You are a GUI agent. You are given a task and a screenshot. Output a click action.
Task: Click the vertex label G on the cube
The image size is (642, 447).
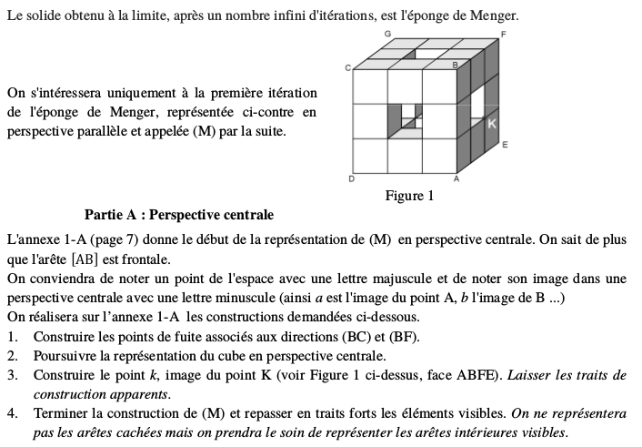pyautogui.click(x=388, y=33)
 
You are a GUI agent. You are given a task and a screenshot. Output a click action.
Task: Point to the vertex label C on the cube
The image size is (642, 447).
pyautogui.click(x=346, y=67)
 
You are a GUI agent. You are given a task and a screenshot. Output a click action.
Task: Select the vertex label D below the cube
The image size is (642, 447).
pyautogui.click(x=351, y=179)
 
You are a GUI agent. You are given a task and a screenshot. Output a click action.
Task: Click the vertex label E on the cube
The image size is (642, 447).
pyautogui.click(x=504, y=145)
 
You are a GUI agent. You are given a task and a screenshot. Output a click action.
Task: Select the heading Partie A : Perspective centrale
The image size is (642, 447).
pyautogui.click(x=178, y=216)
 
